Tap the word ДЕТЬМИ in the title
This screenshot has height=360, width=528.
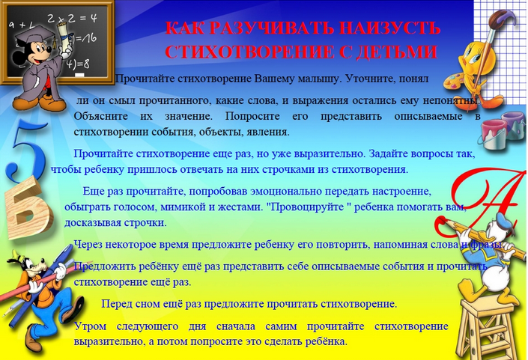pos(396,52)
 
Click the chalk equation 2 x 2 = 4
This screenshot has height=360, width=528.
pos(72,18)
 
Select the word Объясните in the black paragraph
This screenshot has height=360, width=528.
pos(101,117)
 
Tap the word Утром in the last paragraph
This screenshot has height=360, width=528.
pos(90,326)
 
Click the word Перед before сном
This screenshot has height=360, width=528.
pos(117,304)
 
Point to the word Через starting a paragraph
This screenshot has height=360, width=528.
pos(88,245)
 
